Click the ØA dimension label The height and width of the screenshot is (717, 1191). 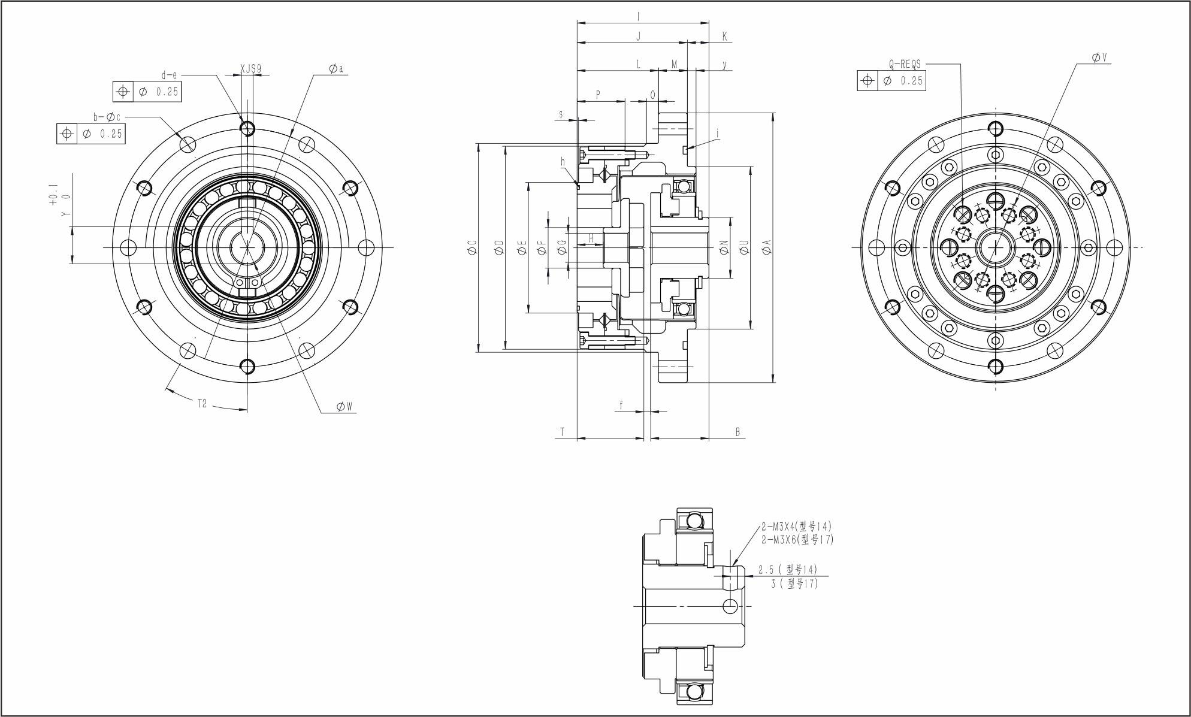tap(767, 247)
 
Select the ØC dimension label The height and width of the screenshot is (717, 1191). tap(472, 247)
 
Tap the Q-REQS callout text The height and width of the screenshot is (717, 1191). tap(905, 64)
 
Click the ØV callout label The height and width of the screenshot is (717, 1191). tap(1099, 58)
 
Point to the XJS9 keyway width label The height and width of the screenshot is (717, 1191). tap(250, 69)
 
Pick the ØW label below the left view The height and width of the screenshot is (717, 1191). tap(344, 407)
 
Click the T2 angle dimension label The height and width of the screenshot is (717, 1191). tap(202, 404)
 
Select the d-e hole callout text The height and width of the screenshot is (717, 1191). tap(170, 75)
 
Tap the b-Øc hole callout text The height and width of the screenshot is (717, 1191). tap(107, 117)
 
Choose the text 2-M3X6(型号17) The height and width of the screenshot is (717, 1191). tap(797, 540)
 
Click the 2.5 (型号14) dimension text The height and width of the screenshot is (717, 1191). tap(787, 570)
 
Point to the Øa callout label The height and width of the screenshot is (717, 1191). tap(336, 69)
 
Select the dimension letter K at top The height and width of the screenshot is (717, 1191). tap(724, 37)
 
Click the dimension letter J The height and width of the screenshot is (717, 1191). tap(638, 37)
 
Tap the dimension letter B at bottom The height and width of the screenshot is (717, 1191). tap(737, 432)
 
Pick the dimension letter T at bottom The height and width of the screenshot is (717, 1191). tap(562, 432)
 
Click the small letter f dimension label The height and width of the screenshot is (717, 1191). tap(621, 406)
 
